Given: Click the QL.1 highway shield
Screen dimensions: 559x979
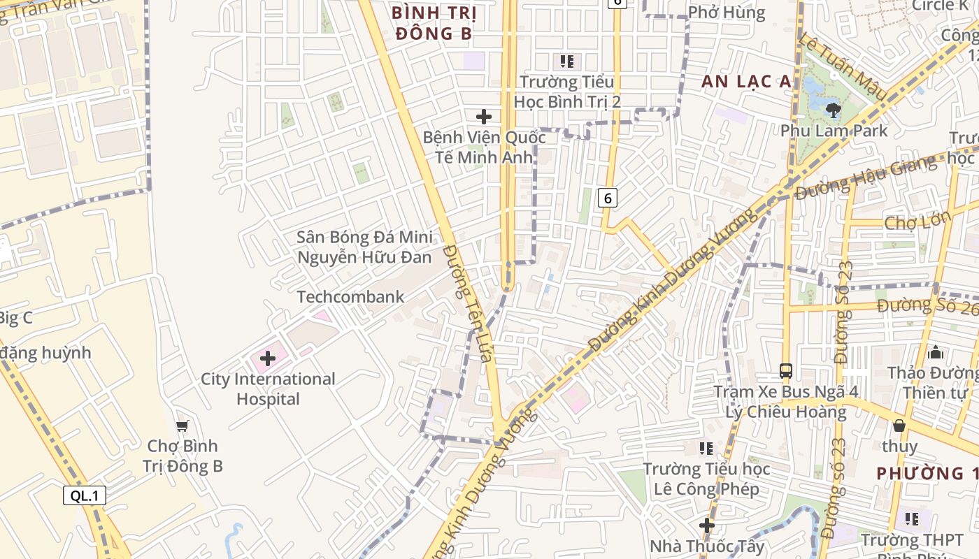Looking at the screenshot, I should [85, 496].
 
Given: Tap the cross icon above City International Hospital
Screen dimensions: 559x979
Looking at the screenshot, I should [267, 359].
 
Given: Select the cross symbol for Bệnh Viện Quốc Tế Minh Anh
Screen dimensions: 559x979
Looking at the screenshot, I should [483, 116].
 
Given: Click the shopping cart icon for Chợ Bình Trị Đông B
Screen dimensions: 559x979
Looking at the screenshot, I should [183, 426].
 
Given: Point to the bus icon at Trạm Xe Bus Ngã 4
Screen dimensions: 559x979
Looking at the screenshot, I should [785, 370].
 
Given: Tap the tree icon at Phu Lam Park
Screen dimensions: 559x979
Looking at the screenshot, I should [833, 110].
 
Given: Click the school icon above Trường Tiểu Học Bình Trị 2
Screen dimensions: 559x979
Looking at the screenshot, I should [567, 61].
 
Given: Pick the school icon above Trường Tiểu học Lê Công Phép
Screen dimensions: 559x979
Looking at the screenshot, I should [706, 448].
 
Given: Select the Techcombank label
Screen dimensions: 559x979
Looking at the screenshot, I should [350, 297].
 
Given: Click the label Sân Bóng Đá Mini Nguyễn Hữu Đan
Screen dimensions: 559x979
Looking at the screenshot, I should [364, 247].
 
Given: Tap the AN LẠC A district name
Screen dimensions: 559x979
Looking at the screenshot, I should [747, 82].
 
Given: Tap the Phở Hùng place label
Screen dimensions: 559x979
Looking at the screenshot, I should [727, 13].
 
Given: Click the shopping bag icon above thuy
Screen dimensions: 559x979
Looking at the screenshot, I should [899, 425].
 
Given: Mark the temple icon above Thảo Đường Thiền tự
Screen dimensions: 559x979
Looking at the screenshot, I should [936, 353].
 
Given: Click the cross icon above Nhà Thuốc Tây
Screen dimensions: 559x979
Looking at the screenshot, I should [707, 525].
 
